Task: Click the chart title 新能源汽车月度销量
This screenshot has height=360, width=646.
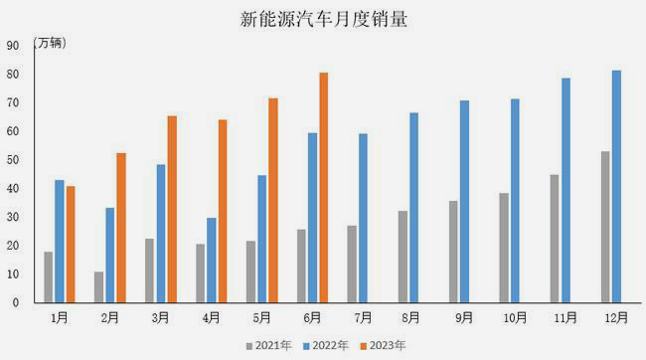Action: (323, 19)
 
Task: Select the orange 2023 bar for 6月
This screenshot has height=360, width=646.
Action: (323, 187)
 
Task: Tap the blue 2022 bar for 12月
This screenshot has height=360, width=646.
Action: (616, 186)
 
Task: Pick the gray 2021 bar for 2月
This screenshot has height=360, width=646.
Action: (99, 286)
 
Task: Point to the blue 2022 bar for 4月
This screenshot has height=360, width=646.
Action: (211, 260)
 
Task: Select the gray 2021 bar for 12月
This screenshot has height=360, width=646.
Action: (605, 227)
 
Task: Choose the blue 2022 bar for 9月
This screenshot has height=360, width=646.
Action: (464, 201)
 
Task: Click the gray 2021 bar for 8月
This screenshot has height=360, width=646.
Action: (403, 256)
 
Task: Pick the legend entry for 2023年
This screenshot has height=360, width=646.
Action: (383, 345)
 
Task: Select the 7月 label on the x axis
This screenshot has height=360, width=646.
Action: (363, 318)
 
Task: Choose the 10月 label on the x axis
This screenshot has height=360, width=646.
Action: (515, 318)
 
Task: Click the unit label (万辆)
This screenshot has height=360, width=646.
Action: (51, 43)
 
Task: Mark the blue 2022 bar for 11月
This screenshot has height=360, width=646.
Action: (565, 190)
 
